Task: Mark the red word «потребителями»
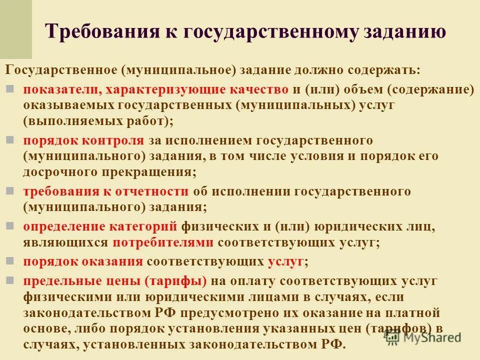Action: point(163,242)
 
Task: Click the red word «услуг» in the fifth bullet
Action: point(285,261)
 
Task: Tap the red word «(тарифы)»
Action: point(176,281)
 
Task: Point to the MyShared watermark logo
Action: point(422,337)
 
